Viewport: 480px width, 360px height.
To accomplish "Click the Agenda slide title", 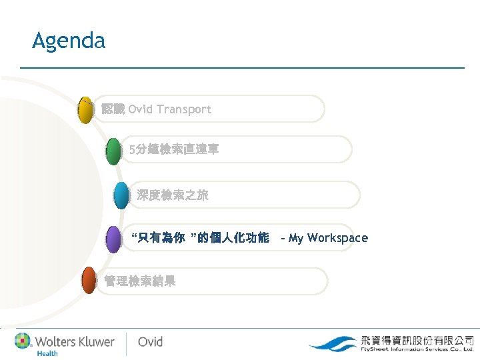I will point(69,41).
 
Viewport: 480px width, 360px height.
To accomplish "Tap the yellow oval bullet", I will point(85,110).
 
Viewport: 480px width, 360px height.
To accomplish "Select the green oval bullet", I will point(114,151).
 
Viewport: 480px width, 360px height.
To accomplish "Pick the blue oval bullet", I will point(121,196).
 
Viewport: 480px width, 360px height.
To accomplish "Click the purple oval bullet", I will point(114,239).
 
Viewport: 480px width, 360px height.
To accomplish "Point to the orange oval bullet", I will point(89,281).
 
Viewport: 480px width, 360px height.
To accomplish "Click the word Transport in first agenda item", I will point(184,109).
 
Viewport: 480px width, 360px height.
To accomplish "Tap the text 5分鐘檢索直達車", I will point(174,150).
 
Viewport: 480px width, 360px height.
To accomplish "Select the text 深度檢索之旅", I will point(173,195).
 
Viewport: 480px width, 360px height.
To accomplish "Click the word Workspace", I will point(338,238).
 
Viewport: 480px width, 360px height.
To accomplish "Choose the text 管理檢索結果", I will point(140,281).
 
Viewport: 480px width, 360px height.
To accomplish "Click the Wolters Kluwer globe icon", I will point(23,341).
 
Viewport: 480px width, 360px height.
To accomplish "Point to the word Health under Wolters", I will point(47,353).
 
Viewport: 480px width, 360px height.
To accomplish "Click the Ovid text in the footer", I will point(150,341).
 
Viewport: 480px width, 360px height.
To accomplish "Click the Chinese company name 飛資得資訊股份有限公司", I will point(417,339).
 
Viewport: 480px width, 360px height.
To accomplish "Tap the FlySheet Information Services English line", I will point(417,349).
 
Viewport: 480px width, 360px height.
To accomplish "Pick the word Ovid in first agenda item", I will point(140,109).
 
